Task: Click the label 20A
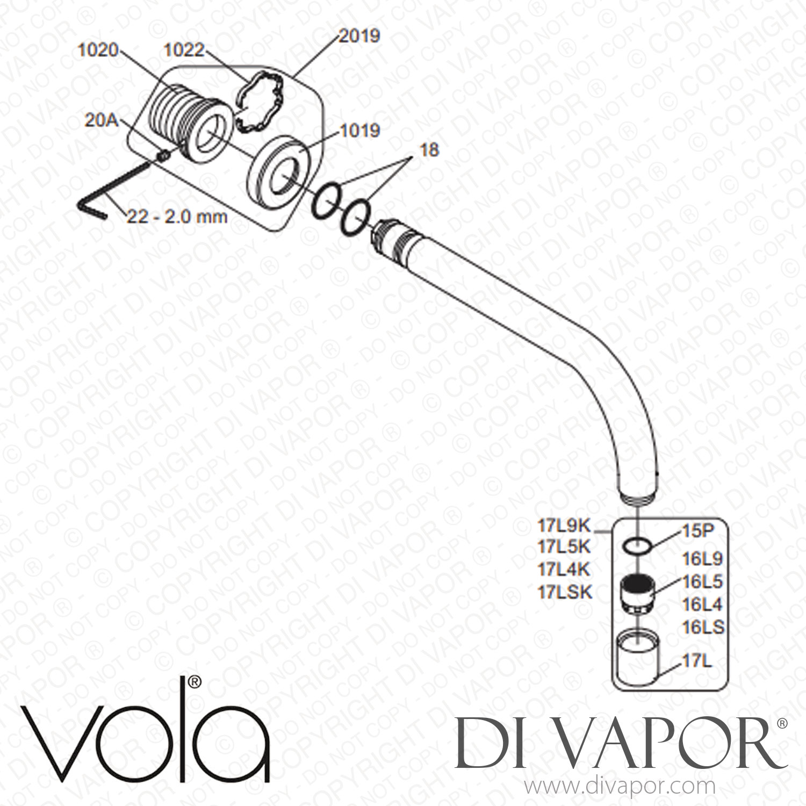[101, 120]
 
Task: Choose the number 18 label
[429, 150]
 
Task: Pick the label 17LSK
[564, 593]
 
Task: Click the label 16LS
[703, 627]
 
